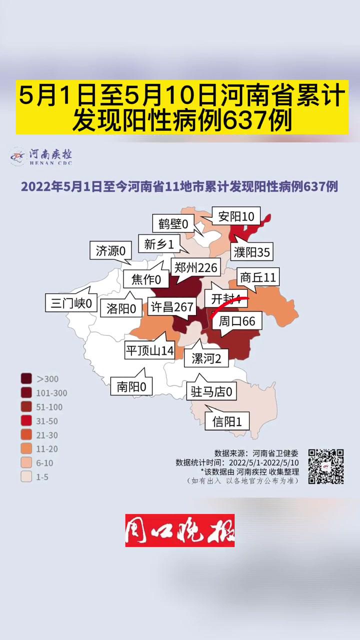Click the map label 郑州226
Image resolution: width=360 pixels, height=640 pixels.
(x=195, y=268)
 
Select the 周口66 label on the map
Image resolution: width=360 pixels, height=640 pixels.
(x=237, y=321)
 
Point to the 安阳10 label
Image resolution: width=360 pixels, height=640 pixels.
(x=236, y=216)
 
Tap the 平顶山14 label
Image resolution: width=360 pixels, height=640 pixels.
(x=149, y=350)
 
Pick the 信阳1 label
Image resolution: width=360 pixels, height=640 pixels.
(x=230, y=421)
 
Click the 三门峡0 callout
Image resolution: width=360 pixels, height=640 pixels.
(x=71, y=303)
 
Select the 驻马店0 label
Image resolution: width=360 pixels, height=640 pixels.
(x=211, y=391)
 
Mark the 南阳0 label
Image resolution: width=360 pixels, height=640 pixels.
(x=131, y=386)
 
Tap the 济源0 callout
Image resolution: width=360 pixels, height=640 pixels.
(x=110, y=250)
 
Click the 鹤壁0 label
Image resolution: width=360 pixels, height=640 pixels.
(x=173, y=224)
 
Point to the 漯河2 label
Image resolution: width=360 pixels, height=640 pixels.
(x=206, y=358)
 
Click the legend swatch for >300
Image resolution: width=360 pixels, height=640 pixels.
(x=26, y=379)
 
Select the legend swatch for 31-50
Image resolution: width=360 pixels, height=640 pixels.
(x=26, y=421)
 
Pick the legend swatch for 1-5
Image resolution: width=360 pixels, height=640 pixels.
(x=26, y=477)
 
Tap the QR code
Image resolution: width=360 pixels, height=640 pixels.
(x=325, y=466)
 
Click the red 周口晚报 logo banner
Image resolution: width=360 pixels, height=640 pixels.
(x=180, y=530)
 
